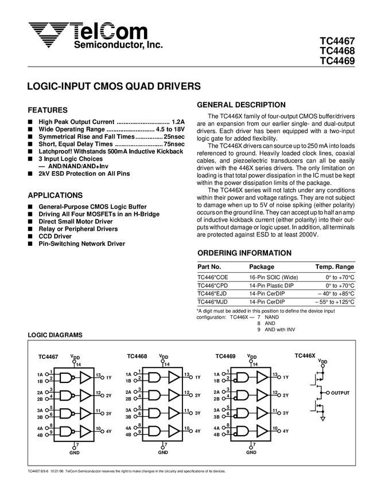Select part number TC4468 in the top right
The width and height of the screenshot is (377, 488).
click(x=337, y=52)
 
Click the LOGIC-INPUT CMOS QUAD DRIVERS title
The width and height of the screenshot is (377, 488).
click(x=114, y=87)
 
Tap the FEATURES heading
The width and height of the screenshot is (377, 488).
click(x=48, y=110)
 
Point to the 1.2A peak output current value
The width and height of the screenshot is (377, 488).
click(x=178, y=122)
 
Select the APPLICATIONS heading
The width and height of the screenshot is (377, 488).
click(x=55, y=195)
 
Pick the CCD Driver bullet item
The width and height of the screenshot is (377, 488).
click(x=55, y=237)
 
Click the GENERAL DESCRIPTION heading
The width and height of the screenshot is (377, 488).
click(x=241, y=105)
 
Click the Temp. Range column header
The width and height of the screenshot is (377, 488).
click(x=335, y=267)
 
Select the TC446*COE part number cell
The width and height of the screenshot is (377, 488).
click(x=212, y=277)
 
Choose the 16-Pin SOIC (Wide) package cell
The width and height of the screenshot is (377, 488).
click(x=273, y=277)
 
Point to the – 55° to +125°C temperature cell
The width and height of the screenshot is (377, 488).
click(x=335, y=301)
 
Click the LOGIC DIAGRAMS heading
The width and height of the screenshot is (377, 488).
click(x=55, y=335)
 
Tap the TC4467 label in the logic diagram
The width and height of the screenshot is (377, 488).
click(x=48, y=357)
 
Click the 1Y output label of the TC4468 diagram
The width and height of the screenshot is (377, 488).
click(x=197, y=377)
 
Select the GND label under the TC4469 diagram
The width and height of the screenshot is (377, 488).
click(x=251, y=452)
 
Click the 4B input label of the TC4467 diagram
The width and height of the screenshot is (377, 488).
click(x=40, y=435)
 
